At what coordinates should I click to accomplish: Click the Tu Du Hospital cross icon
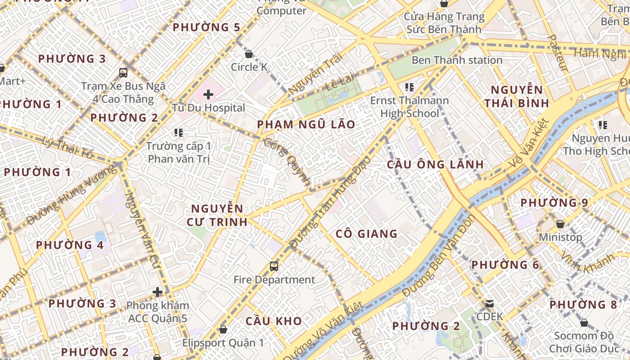[208, 94]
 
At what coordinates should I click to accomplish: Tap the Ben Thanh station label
[457, 60]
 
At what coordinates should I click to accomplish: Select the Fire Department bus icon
[274, 266]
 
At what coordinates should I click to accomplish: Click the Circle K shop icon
[249, 54]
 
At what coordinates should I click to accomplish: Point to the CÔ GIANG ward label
[367, 234]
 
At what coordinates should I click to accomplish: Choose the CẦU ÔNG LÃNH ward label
[435, 165]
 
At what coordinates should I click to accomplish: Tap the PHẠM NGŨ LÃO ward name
[306, 125]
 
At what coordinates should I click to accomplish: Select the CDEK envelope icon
[490, 304]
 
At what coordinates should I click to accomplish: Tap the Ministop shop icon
[560, 224]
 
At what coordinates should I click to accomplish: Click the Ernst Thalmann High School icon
[409, 87]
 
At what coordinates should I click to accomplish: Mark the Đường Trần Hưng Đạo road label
[331, 202]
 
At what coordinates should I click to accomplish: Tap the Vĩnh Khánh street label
[587, 263]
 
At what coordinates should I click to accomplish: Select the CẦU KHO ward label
[274, 321]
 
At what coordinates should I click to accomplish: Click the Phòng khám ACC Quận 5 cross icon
[157, 292]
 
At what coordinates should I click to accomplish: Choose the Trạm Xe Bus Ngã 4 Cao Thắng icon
[123, 72]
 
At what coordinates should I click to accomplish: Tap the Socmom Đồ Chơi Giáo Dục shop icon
[584, 323]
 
